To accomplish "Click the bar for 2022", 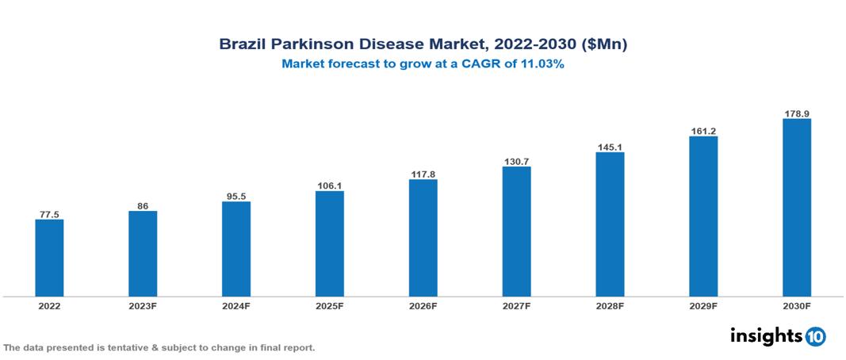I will coord(49,258).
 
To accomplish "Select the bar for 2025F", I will coord(329,243).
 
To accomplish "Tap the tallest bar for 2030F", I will coord(796,208).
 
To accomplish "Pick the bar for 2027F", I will coord(516,232).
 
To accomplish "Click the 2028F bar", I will coord(610,224).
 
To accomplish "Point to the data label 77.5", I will coord(49,214).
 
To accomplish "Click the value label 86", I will coord(143,205).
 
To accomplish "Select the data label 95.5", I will coord(236,196).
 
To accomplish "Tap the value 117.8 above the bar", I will coord(423,174).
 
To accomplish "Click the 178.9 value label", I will coord(796,113).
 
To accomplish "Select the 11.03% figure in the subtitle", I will coord(542,65).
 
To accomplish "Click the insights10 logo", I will coord(777,335).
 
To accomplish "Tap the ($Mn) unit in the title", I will coord(604,45).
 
